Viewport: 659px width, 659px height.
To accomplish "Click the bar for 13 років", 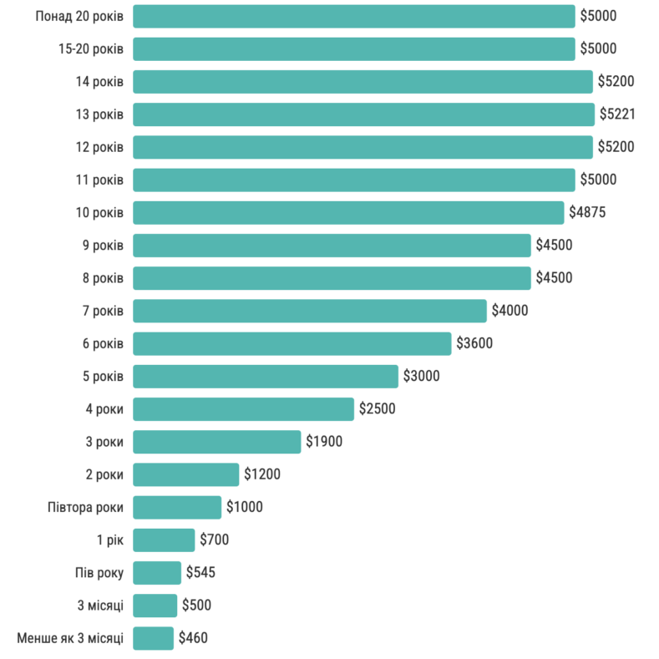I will [x=363, y=114].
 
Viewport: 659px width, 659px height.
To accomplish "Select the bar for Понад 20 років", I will [x=353, y=16].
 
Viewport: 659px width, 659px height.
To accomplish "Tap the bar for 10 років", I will [x=348, y=212].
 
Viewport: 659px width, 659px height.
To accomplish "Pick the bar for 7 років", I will [x=309, y=311].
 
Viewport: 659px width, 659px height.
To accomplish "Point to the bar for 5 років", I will [x=265, y=376].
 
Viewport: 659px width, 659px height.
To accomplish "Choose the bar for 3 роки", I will [x=216, y=441].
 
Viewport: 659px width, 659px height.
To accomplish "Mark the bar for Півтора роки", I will [x=177, y=507].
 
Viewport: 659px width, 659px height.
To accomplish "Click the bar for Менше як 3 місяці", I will [x=153, y=638].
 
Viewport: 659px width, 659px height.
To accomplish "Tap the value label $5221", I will [x=617, y=114].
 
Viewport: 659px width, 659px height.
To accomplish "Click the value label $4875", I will [x=587, y=212].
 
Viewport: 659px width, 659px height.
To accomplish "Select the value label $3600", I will [x=474, y=343].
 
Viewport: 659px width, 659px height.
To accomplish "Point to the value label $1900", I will [x=324, y=441].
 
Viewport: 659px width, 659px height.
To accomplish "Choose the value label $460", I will [x=193, y=638].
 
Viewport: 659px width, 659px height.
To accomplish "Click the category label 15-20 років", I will [x=91, y=48].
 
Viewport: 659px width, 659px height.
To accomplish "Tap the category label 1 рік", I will [x=110, y=540].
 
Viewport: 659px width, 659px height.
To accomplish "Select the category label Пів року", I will [x=99, y=572].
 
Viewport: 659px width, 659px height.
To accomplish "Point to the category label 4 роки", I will [x=104, y=408].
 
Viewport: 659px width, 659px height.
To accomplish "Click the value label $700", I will [x=215, y=540].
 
